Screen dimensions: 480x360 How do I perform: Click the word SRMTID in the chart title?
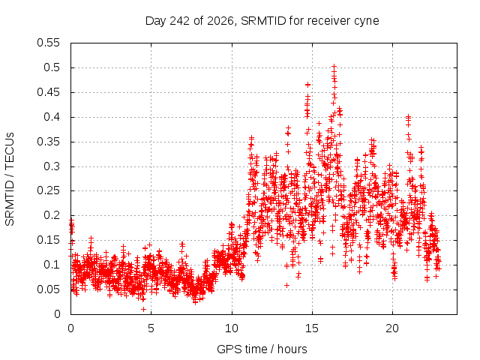(x=263, y=21)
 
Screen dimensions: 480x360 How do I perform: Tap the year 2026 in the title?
(x=220, y=21)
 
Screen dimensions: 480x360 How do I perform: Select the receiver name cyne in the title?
(x=367, y=22)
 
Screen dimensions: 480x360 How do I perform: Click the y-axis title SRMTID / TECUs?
(x=10, y=179)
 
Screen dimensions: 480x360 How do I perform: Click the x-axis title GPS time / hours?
(x=262, y=349)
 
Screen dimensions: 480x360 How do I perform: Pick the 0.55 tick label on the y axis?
(x=48, y=43)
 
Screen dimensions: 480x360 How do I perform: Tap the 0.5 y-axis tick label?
(x=52, y=67)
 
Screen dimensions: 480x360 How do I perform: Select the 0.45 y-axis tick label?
(x=48, y=92)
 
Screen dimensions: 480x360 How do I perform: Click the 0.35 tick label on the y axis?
(x=48, y=142)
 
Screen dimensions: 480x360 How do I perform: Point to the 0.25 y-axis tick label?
(x=48, y=190)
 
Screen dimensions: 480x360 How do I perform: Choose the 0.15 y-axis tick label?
(x=48, y=240)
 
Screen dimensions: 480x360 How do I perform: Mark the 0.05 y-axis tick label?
(x=48, y=289)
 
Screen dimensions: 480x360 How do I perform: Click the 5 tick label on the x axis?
(x=151, y=328)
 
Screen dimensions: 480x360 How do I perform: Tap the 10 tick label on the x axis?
(x=232, y=328)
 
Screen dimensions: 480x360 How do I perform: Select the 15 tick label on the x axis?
(x=312, y=328)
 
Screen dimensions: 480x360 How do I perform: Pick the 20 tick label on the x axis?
(x=392, y=328)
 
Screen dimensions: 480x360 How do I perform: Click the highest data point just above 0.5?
(x=334, y=66)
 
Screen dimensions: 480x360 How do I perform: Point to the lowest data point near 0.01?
(x=143, y=309)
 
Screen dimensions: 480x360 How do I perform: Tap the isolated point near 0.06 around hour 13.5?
(x=286, y=285)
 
